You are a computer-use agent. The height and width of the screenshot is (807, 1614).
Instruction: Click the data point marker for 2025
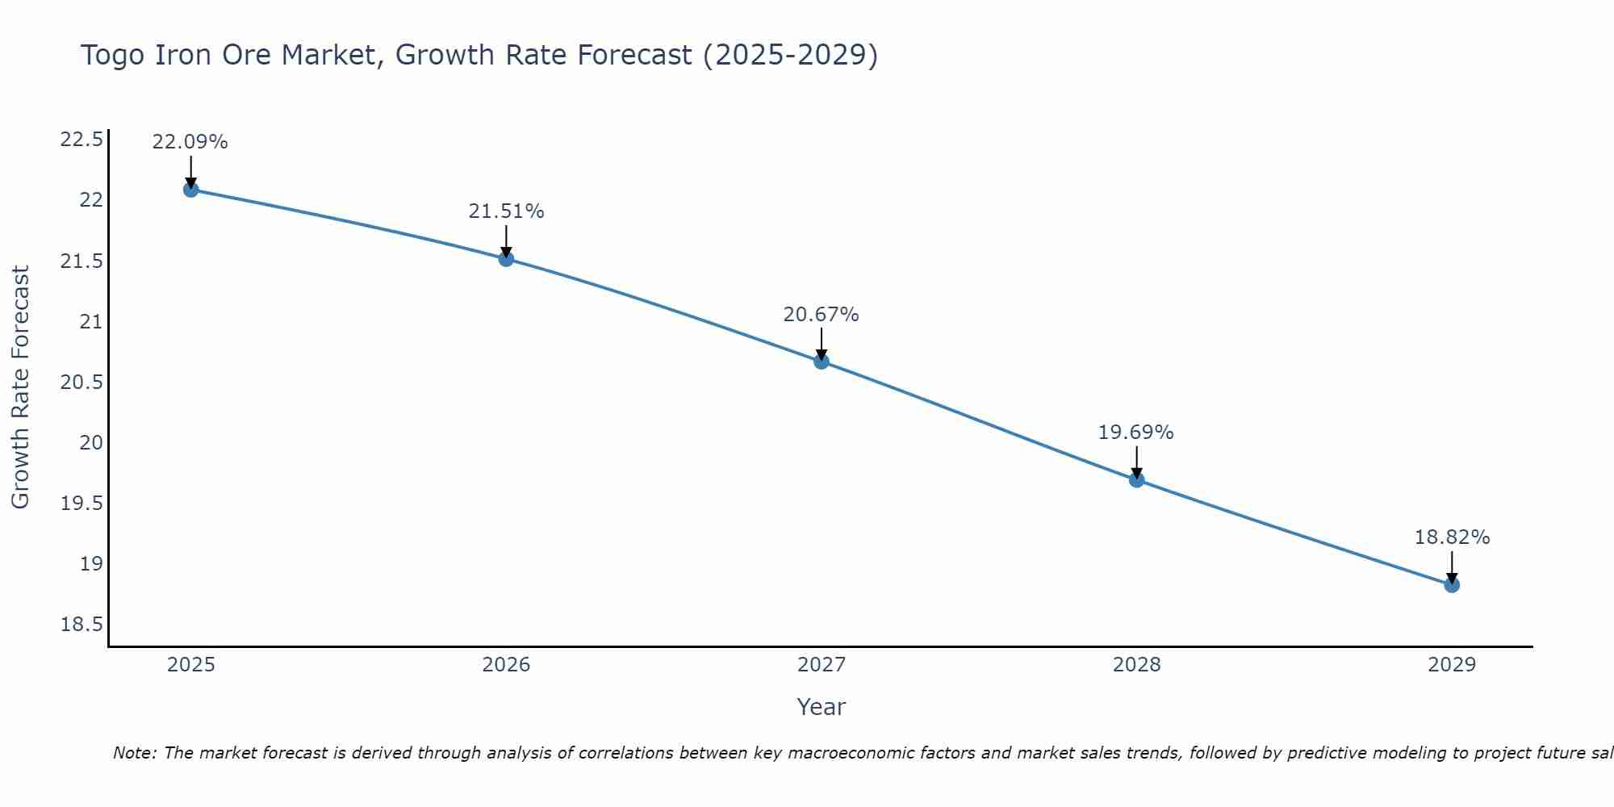pos(190,190)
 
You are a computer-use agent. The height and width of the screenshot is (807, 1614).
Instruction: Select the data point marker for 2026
pos(506,259)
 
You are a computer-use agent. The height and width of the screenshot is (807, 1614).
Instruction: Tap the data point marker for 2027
pos(822,362)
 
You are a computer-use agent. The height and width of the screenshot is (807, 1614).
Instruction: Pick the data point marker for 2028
pos(1136,480)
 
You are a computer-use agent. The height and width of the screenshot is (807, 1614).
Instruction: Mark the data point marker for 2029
pos(1452,585)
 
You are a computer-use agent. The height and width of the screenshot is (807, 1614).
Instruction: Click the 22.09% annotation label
pos(190,142)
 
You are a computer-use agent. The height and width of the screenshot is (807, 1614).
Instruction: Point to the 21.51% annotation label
pos(506,211)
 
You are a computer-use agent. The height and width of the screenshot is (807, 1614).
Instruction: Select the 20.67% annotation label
pos(822,315)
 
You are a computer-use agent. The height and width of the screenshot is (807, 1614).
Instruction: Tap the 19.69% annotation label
pos(1136,433)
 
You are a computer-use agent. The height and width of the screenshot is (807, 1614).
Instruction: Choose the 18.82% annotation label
pos(1452,537)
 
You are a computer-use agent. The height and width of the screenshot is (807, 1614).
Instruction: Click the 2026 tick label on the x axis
pos(506,665)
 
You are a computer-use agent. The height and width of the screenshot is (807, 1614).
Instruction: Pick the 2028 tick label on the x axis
pos(1136,665)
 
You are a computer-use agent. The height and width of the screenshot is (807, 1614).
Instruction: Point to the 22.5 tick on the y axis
pos(82,140)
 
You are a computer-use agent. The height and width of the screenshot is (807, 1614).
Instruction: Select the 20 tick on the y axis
pos(92,443)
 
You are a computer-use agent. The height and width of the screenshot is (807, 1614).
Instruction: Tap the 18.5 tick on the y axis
pos(82,625)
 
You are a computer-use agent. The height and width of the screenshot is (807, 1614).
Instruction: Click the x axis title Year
pos(822,707)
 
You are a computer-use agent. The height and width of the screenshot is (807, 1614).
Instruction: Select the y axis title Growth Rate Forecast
pos(20,387)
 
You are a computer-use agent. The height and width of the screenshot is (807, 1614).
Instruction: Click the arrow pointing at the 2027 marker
pos(822,345)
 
